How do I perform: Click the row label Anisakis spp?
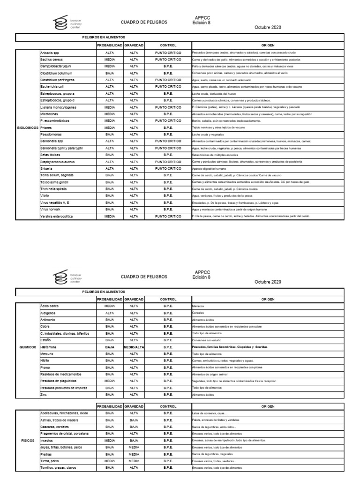[49, 53]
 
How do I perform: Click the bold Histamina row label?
[49, 347]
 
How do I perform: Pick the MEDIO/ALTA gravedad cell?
[134, 347]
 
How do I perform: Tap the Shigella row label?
[47, 168]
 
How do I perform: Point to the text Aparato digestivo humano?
[209, 168]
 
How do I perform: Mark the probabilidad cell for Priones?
[110, 127]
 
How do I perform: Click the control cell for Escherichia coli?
[168, 87]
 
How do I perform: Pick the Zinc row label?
[45, 395]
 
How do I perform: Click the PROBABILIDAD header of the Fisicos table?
[110, 406]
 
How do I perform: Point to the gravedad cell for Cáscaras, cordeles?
[134, 427]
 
